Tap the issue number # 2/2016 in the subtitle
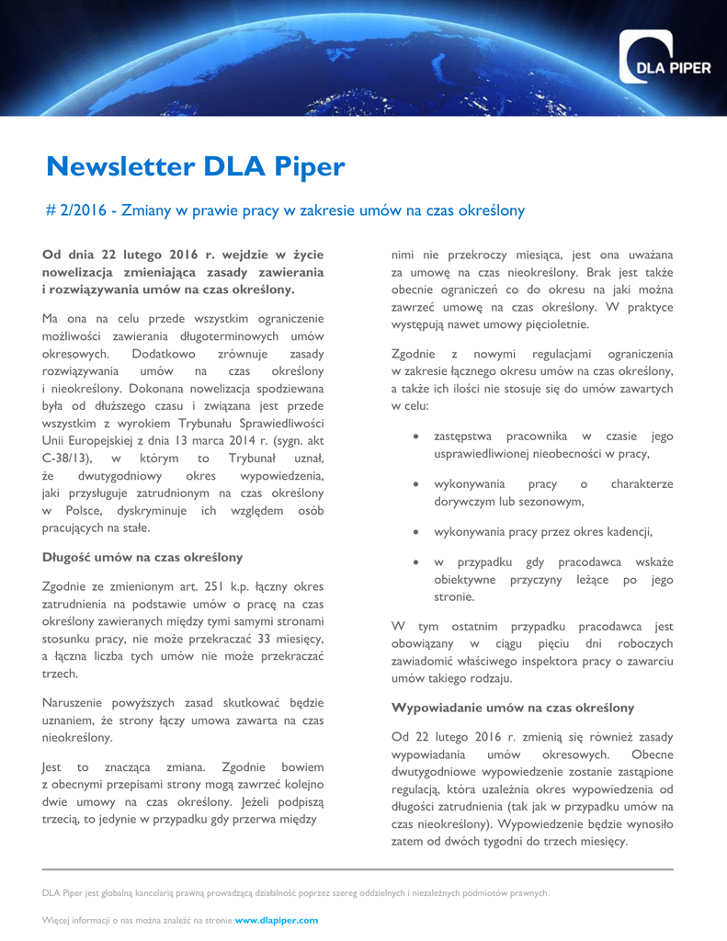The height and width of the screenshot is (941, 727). click(x=74, y=211)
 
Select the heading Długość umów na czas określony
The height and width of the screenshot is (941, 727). click(x=142, y=557)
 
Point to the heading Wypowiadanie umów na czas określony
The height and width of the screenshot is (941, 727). click(x=513, y=708)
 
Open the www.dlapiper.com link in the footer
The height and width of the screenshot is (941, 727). click(x=277, y=919)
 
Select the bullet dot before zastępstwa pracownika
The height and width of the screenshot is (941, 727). click(x=417, y=437)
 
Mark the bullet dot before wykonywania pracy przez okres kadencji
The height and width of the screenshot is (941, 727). click(x=417, y=532)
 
